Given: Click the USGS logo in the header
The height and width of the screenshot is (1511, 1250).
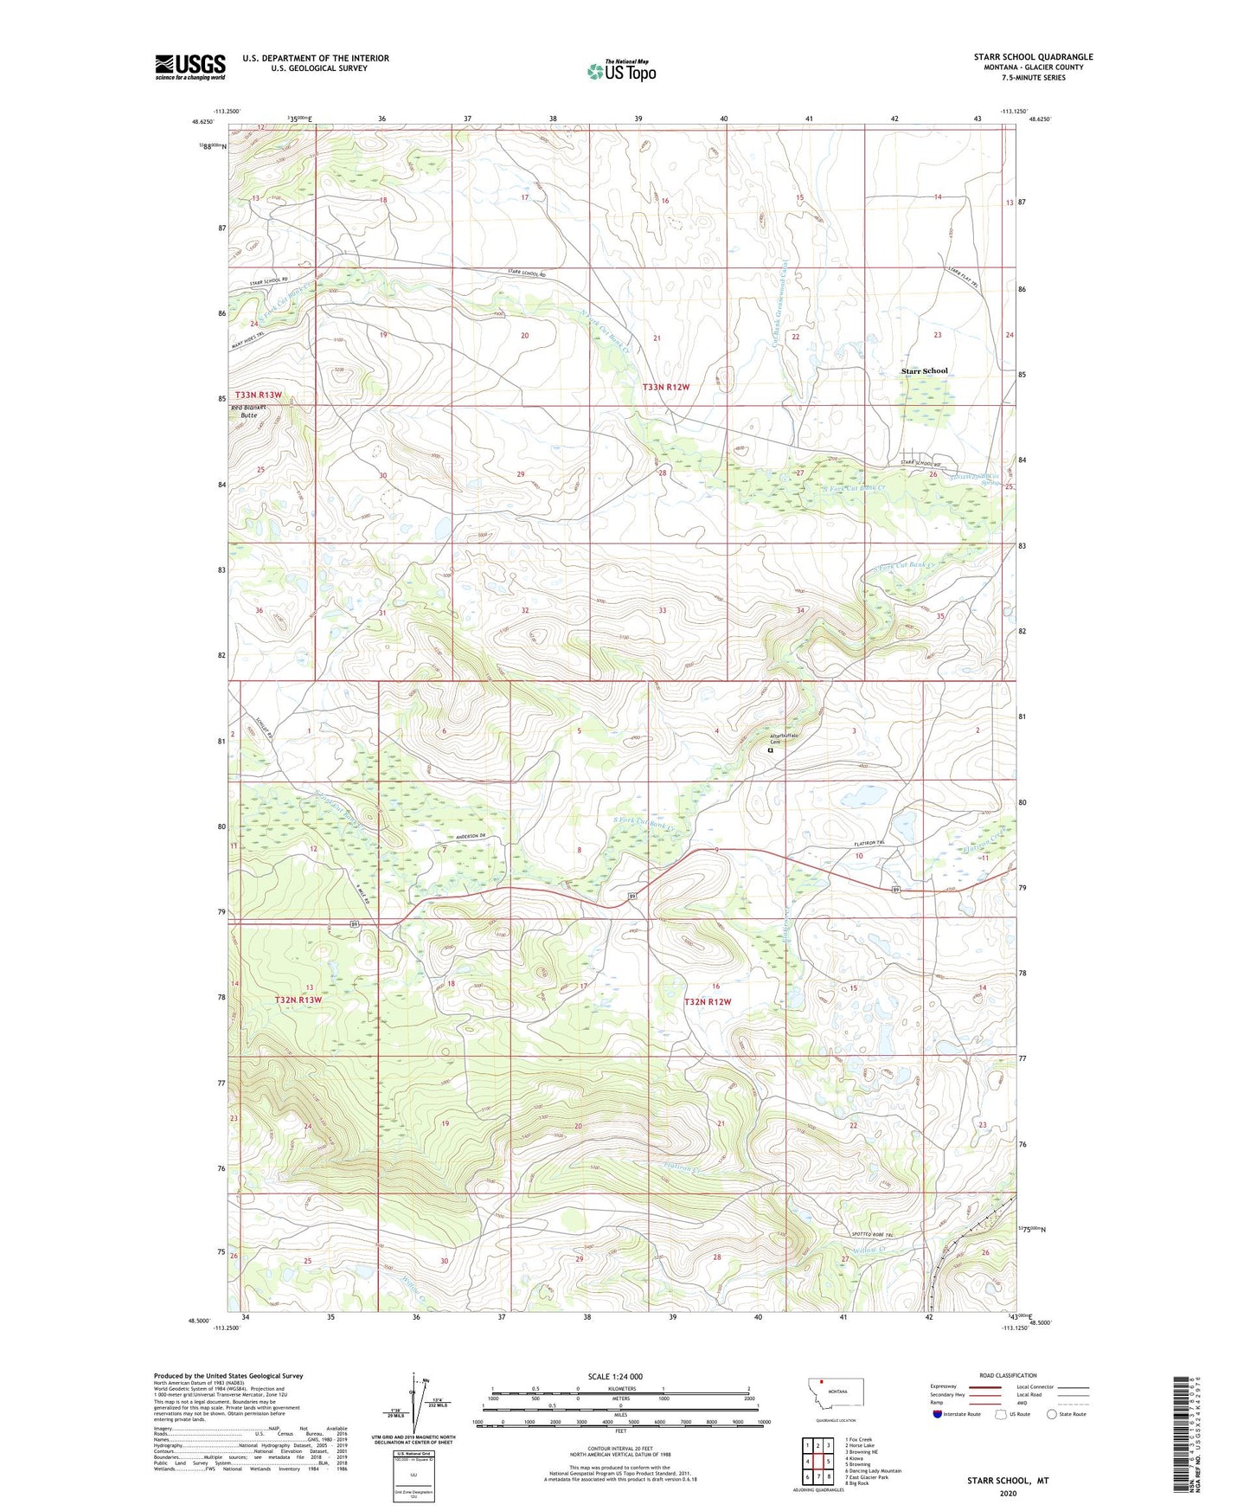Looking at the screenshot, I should click(189, 67).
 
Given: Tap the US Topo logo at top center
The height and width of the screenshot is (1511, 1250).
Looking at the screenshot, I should click(621, 70).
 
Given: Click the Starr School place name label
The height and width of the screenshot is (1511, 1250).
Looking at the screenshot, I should click(924, 371).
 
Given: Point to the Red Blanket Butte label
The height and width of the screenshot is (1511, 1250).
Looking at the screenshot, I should click(248, 411).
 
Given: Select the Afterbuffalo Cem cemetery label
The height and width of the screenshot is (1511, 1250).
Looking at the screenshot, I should click(785, 739).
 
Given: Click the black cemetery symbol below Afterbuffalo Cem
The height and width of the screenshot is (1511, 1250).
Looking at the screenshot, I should click(771, 751).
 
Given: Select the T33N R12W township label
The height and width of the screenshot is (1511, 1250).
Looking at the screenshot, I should click(666, 387).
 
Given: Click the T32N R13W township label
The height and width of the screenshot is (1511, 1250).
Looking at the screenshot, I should click(298, 1000).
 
